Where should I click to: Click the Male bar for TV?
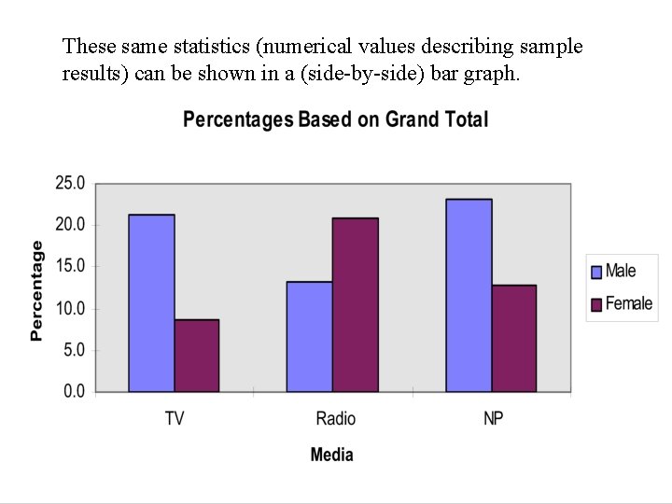point(151,303)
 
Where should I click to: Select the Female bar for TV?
point(197,356)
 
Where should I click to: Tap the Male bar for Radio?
point(309,337)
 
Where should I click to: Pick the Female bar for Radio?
point(356,305)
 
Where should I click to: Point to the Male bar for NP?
point(469,295)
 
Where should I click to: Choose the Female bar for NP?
point(514,338)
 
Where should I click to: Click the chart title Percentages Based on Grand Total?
point(336,119)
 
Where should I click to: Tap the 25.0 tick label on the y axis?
point(69,183)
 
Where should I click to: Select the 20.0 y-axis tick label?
point(69,225)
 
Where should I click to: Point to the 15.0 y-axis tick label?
point(69,267)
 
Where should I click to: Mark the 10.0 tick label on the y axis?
point(69,309)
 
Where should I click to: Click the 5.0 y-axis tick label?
point(73,351)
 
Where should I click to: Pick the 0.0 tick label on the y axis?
point(73,392)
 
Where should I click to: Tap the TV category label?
point(175,418)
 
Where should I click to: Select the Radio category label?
point(335,418)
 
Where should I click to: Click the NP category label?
point(493,418)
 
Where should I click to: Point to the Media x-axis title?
point(332,455)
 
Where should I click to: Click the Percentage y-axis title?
point(37,290)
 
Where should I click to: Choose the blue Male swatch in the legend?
point(596,272)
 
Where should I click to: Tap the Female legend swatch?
point(596,304)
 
